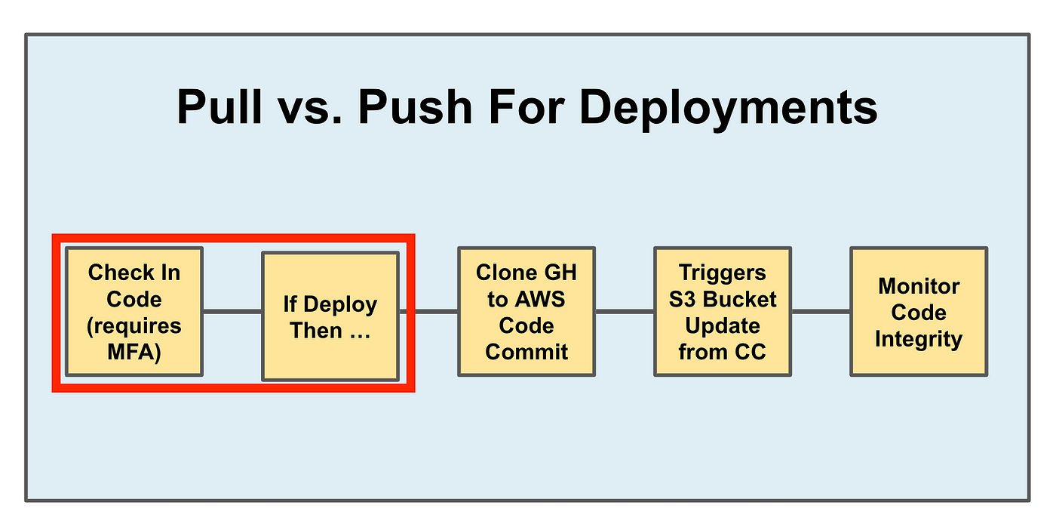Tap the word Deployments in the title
pyautogui.click(x=728, y=109)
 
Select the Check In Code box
pyautogui.click(x=134, y=312)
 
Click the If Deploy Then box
pyautogui.click(x=330, y=316)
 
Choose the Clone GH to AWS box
pyautogui.click(x=526, y=312)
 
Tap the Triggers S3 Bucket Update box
pyautogui.click(x=723, y=312)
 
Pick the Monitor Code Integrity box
pyautogui.click(x=919, y=312)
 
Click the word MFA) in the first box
pyautogui.click(x=134, y=352)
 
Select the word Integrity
pyautogui.click(x=919, y=340)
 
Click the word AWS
pyautogui.click(x=540, y=299)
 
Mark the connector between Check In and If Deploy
pyautogui.click(x=232, y=312)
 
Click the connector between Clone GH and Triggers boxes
pyautogui.click(x=625, y=312)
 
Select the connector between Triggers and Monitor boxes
pyautogui.click(x=821, y=312)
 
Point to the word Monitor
pyautogui.click(x=919, y=286)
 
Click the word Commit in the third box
pyautogui.click(x=526, y=352)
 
